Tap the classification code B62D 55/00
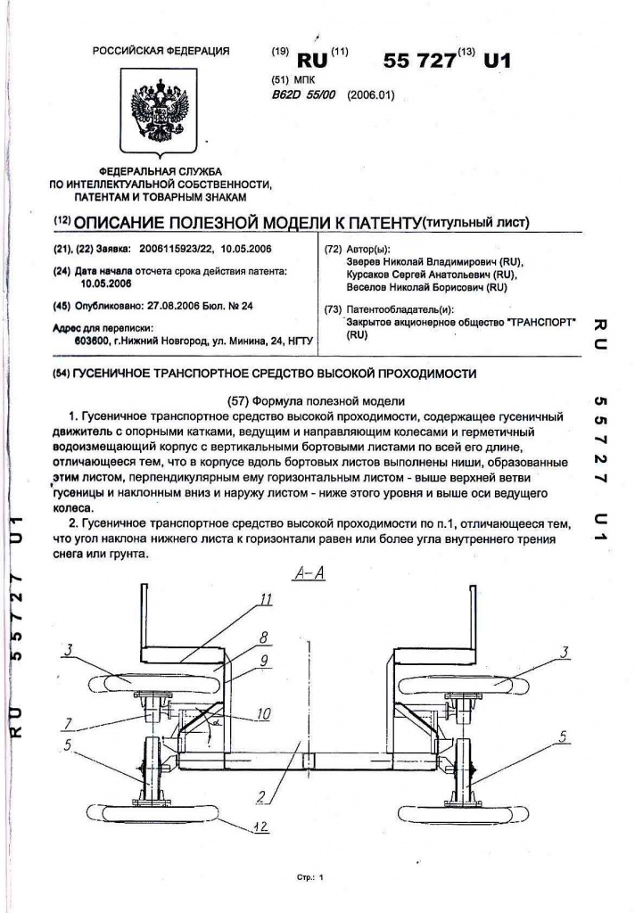303,96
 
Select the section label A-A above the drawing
309,575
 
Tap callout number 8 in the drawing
264,639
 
